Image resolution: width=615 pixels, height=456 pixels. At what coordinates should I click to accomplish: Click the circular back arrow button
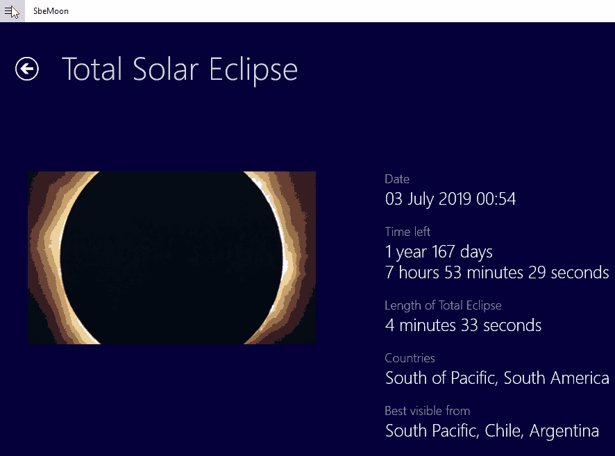[27, 69]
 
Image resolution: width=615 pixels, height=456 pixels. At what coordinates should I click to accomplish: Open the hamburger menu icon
[8, 11]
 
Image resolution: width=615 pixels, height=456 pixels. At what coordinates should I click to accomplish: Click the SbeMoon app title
[51, 11]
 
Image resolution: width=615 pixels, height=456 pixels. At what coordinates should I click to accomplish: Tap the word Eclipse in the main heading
[253, 70]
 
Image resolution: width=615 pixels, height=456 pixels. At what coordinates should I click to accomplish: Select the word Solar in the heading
[165, 69]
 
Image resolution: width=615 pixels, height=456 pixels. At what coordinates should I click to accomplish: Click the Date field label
[397, 179]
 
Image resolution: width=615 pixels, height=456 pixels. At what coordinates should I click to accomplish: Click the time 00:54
[496, 199]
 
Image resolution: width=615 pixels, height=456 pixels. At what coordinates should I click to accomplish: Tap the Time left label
[407, 232]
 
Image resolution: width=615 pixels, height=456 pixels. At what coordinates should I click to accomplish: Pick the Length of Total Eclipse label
[444, 305]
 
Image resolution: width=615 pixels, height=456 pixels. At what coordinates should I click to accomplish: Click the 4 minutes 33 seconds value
[463, 326]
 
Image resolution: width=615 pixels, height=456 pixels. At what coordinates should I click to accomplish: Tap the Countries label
[410, 358]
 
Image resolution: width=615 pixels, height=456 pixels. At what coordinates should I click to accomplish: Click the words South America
[556, 378]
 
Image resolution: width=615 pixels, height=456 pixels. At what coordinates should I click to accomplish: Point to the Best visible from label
[428, 411]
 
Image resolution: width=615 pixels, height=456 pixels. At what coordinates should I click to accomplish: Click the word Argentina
[564, 431]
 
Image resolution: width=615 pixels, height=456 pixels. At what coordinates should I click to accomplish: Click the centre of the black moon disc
[171, 257]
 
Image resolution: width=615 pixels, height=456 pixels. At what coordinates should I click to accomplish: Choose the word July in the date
[420, 199]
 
